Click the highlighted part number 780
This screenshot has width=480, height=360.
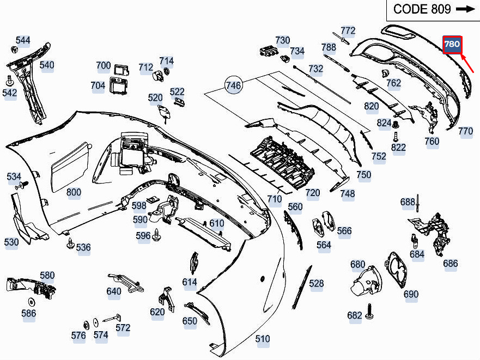point(452,44)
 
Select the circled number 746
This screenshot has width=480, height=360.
point(233,85)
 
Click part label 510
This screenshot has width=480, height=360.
point(263,339)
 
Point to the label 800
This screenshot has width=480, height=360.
point(74,192)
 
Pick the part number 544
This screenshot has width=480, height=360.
point(23,40)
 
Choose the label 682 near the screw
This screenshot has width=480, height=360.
point(355,315)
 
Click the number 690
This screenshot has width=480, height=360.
point(411,294)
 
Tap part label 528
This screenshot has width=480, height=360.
point(317,283)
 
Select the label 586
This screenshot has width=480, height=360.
point(28,313)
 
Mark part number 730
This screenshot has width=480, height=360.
point(283,40)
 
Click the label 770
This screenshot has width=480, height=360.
point(465,131)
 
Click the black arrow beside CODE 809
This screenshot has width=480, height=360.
point(465,9)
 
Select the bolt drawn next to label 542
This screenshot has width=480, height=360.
point(9,81)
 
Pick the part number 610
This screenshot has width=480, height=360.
point(217,223)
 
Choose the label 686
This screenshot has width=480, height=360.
point(451,264)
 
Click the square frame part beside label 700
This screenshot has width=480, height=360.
point(120,69)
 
